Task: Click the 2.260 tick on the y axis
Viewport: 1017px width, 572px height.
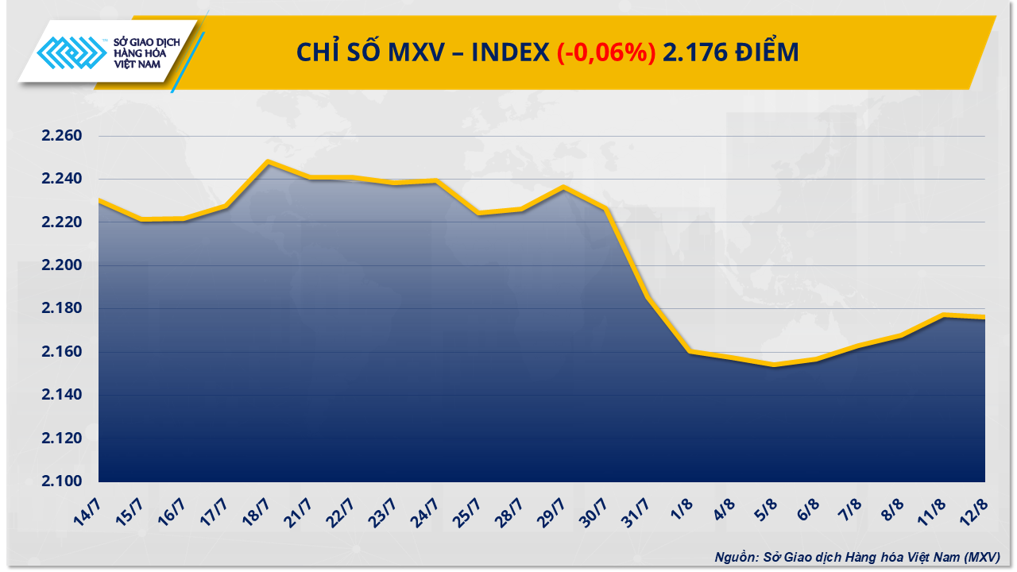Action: pos(62,136)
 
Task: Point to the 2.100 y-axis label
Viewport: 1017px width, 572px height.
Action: pos(62,481)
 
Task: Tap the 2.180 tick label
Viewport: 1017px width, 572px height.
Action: pos(62,308)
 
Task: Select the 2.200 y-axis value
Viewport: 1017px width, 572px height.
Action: pos(62,265)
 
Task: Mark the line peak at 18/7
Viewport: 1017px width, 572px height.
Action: pos(268,161)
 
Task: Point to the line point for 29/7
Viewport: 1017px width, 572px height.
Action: pos(563,187)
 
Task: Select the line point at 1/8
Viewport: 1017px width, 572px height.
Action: pos(690,351)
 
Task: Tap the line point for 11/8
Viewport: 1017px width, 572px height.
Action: pos(943,315)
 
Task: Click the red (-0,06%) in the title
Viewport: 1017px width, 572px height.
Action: pos(605,52)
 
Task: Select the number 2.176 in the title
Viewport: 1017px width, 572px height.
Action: pos(691,52)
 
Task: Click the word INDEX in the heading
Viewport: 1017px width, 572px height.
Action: pos(510,52)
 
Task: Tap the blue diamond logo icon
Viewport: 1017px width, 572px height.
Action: pos(72,53)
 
